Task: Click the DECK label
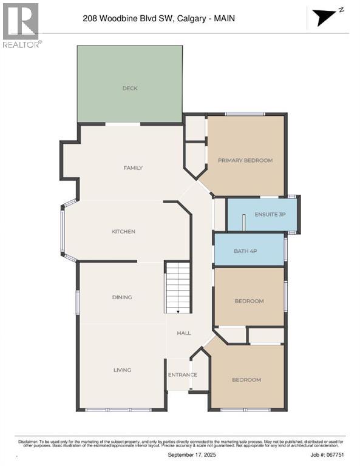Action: [130, 89]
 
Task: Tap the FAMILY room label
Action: [133, 167]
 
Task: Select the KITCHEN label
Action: [123, 231]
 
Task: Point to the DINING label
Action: [122, 297]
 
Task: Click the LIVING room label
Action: [122, 370]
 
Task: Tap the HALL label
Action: [184, 333]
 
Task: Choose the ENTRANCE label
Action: [183, 374]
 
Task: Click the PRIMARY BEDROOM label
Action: [245, 160]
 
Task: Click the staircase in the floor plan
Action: [178, 288]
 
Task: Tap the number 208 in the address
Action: [90, 19]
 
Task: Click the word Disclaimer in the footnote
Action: [27, 439]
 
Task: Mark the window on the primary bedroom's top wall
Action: [245, 114]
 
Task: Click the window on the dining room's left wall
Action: [78, 302]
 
